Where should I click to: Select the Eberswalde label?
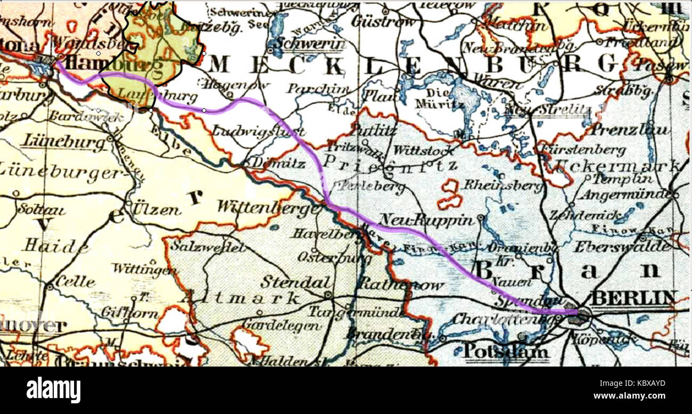click(x=622, y=247)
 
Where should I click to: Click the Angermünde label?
click(x=626, y=194)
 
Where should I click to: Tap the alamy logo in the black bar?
click(x=53, y=390)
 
